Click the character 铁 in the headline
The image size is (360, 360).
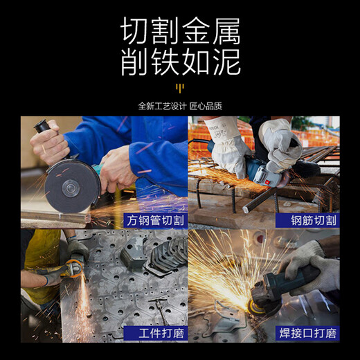[x=165, y=62]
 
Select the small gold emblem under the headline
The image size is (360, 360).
[x=180, y=88]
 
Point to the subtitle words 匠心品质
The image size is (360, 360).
[x=206, y=106]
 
